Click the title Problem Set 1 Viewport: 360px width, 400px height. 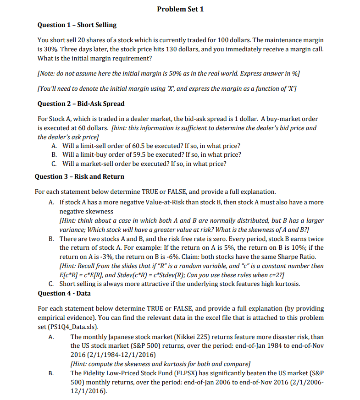[180, 9]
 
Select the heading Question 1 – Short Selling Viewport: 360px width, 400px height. [77, 25]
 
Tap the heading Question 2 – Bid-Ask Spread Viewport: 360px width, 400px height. [81, 104]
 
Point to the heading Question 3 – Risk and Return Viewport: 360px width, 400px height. [79, 176]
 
